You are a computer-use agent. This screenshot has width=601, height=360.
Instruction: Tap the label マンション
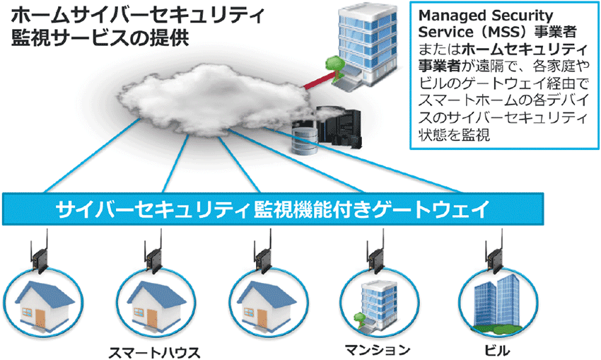(378, 349)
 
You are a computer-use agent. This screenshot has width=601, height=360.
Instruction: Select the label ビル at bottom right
(498, 349)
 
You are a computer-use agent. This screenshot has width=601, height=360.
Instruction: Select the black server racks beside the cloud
(339, 127)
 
